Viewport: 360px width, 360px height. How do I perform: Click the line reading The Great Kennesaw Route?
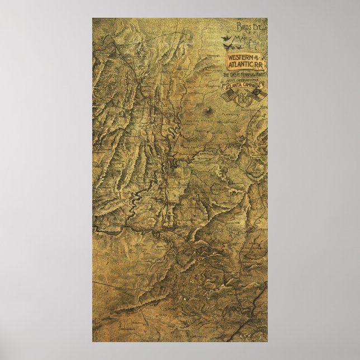(x=245, y=74)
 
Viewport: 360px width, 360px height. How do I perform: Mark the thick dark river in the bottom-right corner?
(x=258, y=313)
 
